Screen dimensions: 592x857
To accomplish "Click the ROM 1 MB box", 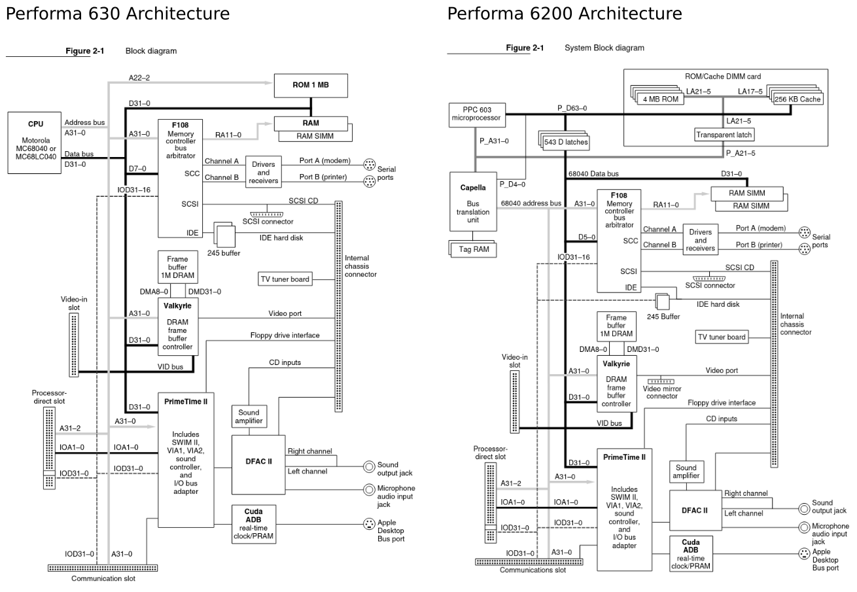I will (x=311, y=85).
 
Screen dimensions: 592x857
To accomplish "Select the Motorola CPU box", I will (x=35, y=142).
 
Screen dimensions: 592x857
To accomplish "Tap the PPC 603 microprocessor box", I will (x=476, y=114).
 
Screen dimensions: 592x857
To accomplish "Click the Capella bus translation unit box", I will (x=473, y=201).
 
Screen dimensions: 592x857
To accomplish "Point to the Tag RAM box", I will (x=472, y=249).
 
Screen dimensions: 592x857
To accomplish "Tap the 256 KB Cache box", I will (x=797, y=99).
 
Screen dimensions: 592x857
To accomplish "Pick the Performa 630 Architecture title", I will (x=118, y=14).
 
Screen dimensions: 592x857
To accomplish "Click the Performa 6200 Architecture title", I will (x=564, y=14).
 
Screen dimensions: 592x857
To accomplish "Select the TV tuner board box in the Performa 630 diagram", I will (x=285, y=279).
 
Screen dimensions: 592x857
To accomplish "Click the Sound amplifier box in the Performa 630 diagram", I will (x=248, y=417).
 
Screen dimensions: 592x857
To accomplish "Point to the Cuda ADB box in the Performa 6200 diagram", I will (x=691, y=554).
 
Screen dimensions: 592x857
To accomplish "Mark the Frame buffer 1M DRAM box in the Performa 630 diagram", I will (x=177, y=268).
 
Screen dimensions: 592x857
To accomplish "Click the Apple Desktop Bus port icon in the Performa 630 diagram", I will (x=369, y=525).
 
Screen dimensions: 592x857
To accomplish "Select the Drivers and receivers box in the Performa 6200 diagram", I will (x=700, y=240).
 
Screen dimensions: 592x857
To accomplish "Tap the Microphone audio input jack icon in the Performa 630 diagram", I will (x=370, y=489).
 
